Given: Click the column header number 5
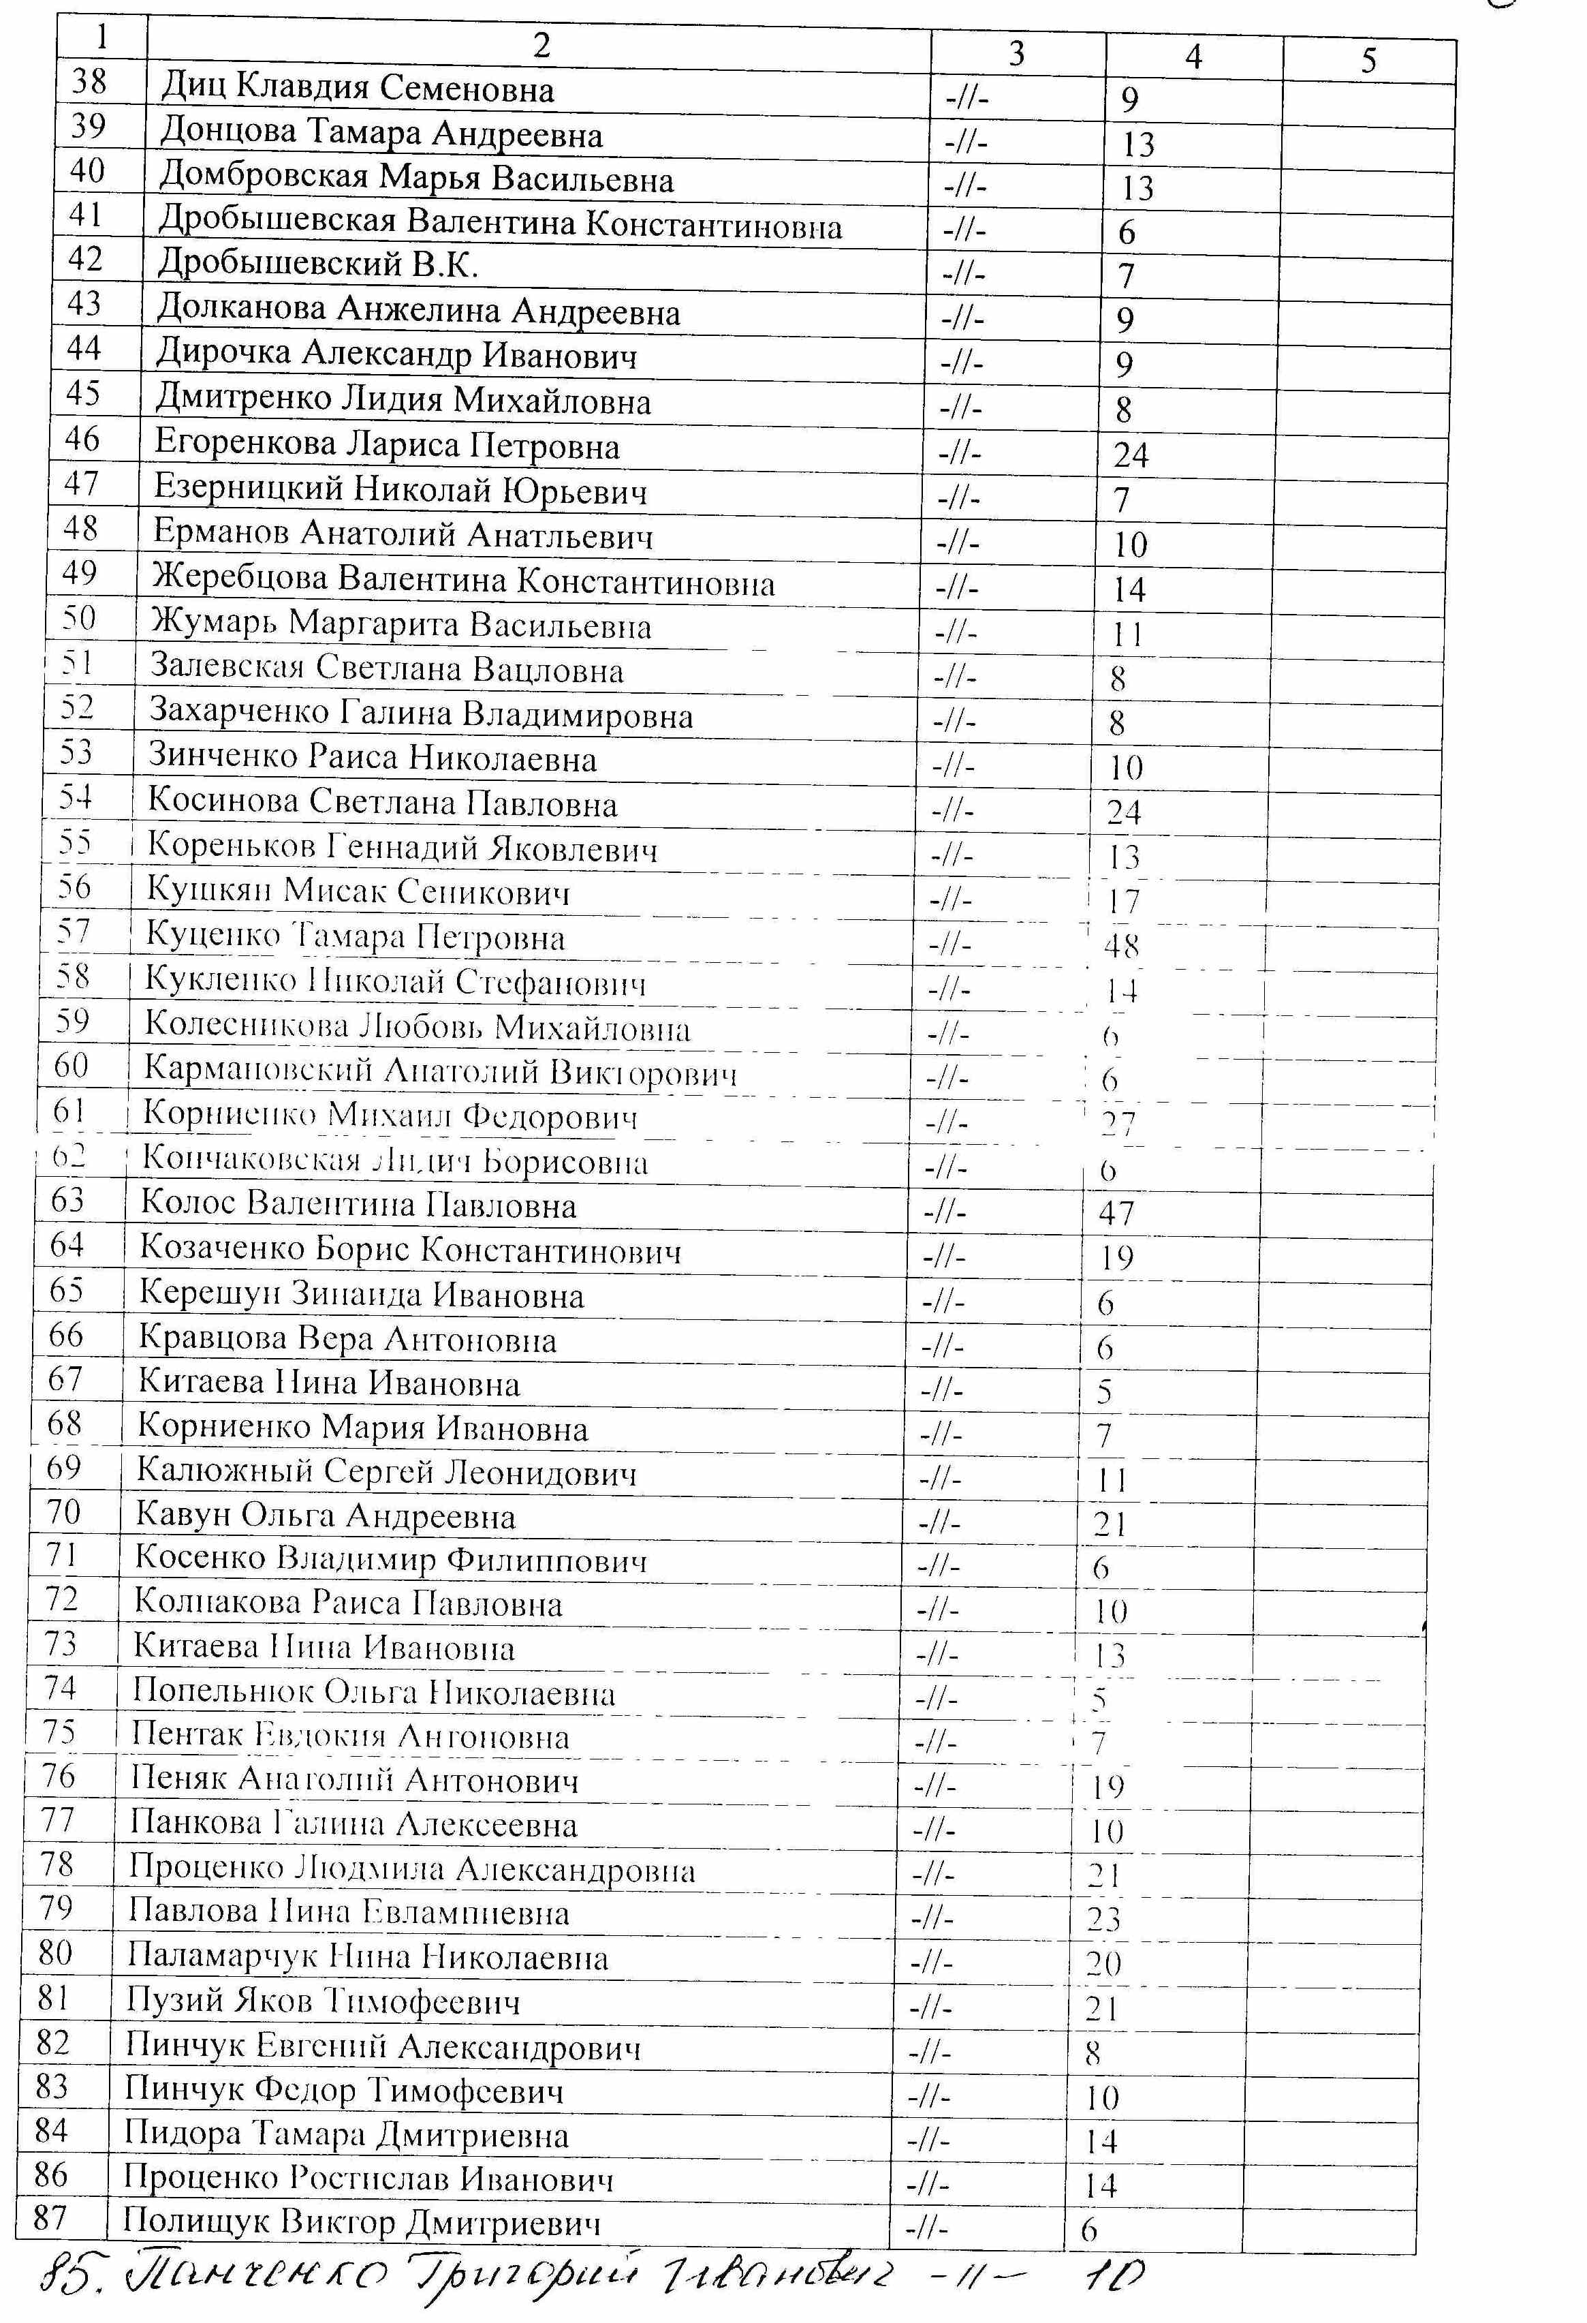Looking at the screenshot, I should (1368, 61).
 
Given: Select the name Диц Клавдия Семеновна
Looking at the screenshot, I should (357, 89).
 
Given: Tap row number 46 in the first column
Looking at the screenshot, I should (82, 437).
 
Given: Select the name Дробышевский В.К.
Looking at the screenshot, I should (318, 265).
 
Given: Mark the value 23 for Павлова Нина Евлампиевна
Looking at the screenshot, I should (1103, 1919).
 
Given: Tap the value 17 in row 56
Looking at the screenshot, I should (1123, 901).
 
